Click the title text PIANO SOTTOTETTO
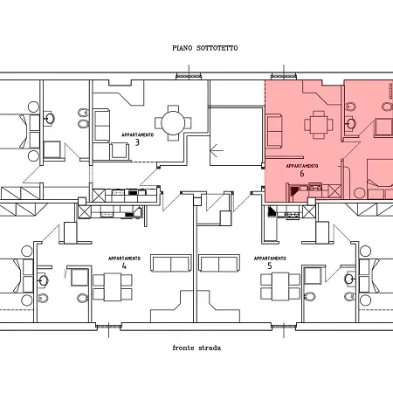click(205, 48)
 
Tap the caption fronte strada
click(196, 348)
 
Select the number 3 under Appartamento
click(137, 142)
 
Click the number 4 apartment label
click(124, 265)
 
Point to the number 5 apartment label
click(270, 265)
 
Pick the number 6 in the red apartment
click(302, 174)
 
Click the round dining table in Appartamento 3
click(173, 123)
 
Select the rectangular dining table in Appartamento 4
click(113, 286)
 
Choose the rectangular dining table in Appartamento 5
click(280, 286)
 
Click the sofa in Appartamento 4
click(171, 263)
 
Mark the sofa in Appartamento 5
click(219, 263)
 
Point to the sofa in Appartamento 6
click(274, 131)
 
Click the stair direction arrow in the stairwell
click(217, 151)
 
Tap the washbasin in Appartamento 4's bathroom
click(44, 280)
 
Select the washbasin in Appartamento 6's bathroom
click(350, 122)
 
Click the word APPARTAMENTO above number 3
click(137, 135)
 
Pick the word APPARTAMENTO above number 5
click(270, 259)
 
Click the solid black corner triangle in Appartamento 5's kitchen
click(272, 211)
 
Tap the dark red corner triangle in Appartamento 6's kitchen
click(294, 190)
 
